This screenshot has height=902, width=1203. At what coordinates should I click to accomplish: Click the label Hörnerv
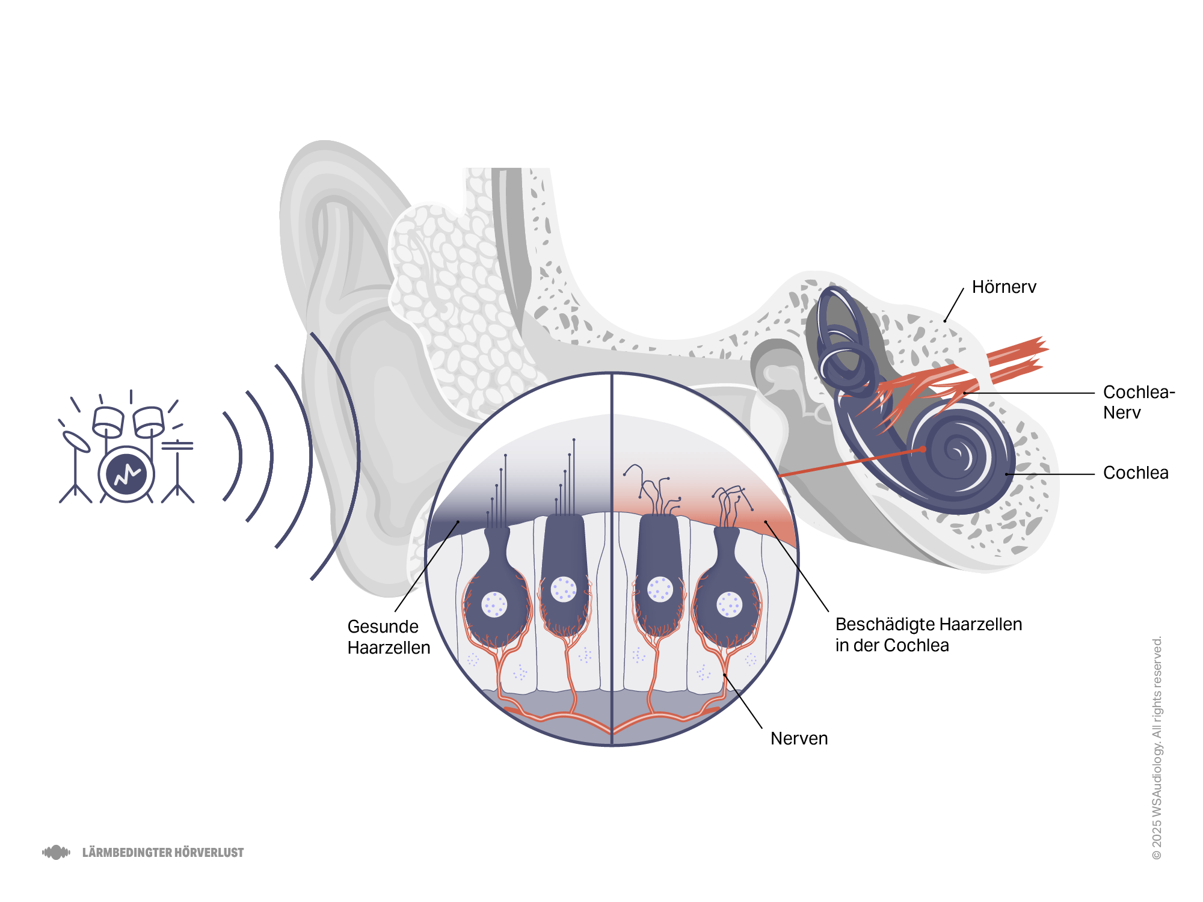tap(1004, 287)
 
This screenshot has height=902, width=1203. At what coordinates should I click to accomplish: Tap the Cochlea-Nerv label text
tap(1139, 402)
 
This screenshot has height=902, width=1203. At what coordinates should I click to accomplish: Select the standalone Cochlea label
tap(1136, 473)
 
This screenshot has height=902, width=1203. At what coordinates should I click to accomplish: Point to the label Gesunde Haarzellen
tap(389, 637)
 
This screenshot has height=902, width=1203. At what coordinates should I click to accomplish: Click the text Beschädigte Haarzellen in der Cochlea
tap(929, 634)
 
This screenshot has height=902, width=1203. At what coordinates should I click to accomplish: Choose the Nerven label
tap(799, 738)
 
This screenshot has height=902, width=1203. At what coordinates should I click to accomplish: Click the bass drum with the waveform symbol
tap(126, 474)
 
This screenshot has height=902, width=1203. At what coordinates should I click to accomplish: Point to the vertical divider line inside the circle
tap(612, 559)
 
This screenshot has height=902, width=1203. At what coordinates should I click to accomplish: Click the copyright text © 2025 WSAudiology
tap(1157, 747)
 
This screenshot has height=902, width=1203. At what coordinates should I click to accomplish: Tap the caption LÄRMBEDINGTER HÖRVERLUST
tap(163, 853)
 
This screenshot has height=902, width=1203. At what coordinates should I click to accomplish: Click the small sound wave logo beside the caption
tap(56, 852)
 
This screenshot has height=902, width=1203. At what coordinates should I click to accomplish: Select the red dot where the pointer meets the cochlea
tap(923, 449)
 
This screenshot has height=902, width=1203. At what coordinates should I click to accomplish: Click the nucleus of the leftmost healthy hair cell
tap(494, 604)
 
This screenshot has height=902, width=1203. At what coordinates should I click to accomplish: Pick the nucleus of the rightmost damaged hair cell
tap(730, 604)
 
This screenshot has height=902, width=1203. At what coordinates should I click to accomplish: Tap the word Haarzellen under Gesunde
tap(389, 648)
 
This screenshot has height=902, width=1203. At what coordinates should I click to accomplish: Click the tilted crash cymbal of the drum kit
tap(76, 441)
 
